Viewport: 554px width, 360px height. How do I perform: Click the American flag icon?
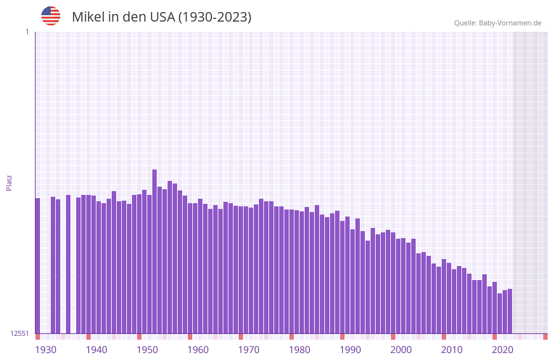(51, 16)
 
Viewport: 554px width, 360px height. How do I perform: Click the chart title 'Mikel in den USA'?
(161, 17)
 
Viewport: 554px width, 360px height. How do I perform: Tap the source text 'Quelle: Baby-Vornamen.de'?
(498, 23)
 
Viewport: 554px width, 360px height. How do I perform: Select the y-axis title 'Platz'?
(9, 182)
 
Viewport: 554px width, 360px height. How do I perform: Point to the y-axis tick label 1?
(27, 32)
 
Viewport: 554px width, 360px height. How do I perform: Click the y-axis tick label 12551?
(20, 333)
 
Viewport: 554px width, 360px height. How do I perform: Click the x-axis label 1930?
(46, 350)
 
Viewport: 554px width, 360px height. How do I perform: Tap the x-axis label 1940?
(96, 350)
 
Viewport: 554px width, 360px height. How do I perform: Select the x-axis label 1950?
(147, 350)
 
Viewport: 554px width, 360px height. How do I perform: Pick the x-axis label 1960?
(198, 350)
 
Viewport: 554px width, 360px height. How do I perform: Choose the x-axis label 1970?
(249, 350)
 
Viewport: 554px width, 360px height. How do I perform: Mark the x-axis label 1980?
(300, 350)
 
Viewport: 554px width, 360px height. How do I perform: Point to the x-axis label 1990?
(350, 350)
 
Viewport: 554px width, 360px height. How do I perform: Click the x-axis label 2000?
(401, 350)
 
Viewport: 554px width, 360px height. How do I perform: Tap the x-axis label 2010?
(452, 350)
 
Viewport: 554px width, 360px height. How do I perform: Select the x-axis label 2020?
(503, 350)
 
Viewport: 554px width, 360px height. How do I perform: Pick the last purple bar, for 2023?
(510, 311)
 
